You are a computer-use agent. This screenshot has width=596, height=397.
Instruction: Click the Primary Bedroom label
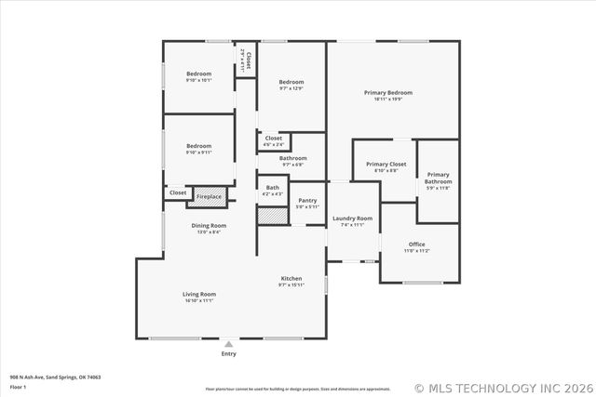[387, 93]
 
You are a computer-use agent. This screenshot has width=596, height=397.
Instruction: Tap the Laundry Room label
[353, 218]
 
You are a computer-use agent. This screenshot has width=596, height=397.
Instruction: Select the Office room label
[416, 245]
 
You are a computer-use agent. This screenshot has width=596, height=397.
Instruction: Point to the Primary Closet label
[386, 165]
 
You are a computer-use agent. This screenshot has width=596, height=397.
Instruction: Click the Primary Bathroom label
[438, 178]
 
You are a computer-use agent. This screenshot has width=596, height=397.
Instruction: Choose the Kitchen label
[291, 279]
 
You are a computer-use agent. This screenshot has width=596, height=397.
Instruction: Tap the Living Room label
[198, 295]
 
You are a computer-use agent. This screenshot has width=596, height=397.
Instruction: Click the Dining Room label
[209, 226]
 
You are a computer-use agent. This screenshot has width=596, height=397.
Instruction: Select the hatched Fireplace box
[209, 196]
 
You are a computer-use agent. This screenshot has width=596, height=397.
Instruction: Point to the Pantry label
[307, 201]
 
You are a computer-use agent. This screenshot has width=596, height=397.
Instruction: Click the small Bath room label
[272, 188]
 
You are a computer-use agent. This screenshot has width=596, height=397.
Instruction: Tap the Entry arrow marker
[228, 344]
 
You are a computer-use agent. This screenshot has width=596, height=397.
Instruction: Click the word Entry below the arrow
[228, 354]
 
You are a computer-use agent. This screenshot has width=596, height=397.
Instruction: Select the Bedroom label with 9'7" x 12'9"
[291, 82]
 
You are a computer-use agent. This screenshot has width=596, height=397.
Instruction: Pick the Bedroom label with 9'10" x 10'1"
[198, 74]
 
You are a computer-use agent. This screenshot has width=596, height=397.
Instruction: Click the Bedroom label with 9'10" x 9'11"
[198, 146]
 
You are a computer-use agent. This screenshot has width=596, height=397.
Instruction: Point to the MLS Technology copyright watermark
[502, 388]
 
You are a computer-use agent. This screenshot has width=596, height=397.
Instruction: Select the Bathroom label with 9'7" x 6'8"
[292, 159]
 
